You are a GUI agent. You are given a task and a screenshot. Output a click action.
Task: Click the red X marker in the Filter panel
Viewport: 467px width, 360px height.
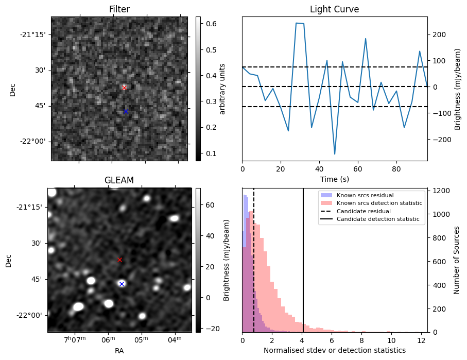coord(124,88)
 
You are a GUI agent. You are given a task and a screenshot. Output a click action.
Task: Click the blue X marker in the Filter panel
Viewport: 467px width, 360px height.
coord(125,111)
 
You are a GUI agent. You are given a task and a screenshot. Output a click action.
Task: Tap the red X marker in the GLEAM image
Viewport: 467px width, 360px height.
coord(120,260)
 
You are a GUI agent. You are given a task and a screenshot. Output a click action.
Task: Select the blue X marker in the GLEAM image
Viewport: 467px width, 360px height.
coord(122,284)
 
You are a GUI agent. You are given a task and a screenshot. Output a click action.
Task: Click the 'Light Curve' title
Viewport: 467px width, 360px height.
coord(334,9)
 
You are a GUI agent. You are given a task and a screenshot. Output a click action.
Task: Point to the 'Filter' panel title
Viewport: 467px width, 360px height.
coord(119,9)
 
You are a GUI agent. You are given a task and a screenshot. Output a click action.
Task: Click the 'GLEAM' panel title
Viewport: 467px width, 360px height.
coord(119,180)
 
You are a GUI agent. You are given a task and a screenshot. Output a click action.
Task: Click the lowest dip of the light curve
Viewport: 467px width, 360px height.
coord(335,154)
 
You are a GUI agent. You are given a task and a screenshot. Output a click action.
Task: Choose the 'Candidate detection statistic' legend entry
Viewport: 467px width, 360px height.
coord(377,219)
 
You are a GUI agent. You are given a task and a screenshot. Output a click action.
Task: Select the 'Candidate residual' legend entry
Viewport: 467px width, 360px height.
coord(363,211)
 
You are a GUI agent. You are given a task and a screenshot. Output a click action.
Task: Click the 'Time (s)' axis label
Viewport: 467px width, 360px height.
coord(334,179)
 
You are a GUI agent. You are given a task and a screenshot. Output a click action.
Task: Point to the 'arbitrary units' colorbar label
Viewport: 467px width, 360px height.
coord(222,89)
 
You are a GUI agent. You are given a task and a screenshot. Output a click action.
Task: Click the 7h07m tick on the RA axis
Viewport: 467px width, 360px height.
coord(75,340)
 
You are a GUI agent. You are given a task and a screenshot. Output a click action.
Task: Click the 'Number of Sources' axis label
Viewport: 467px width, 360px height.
coord(457,260)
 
